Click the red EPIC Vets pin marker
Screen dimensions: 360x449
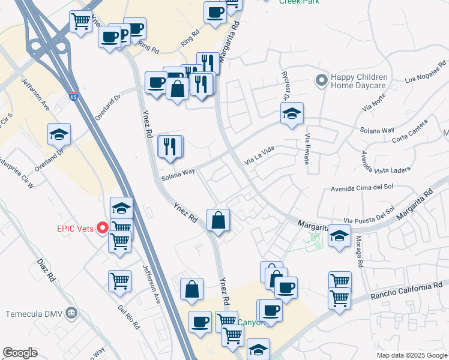click(103, 228)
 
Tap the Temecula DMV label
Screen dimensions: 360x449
click(34, 314)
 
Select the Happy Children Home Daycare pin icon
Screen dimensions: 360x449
click(322, 79)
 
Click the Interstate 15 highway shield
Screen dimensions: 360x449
click(73, 95)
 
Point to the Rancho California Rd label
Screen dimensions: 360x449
click(405, 292)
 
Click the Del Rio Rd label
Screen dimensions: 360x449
click(129, 317)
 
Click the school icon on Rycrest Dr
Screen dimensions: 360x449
click(292, 113)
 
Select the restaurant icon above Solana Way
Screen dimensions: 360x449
click(170, 146)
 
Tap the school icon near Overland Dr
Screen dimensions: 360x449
click(59, 134)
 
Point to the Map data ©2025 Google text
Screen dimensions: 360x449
click(412, 355)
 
